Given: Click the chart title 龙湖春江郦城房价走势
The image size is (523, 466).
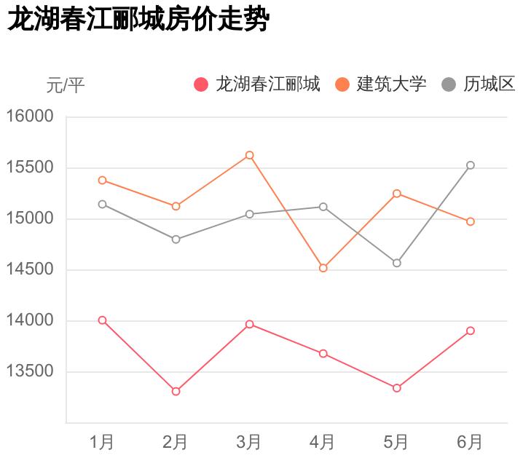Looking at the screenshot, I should click(138, 20).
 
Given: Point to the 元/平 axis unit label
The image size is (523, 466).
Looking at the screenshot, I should click(66, 86).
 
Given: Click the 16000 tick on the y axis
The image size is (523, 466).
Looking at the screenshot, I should click(31, 116).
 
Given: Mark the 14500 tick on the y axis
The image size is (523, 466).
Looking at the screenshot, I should click(31, 270).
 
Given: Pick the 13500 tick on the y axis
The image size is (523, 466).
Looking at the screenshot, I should click(31, 372).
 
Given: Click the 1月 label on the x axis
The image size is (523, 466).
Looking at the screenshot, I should click(102, 442).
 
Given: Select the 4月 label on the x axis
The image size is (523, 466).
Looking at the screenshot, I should click(323, 442).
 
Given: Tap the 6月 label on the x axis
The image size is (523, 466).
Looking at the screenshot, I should click(470, 442).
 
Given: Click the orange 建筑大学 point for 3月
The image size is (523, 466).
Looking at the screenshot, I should click(249, 155).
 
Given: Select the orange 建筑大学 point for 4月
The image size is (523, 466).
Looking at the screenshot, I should click(323, 268).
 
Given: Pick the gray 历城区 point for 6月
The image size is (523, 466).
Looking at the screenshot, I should click(471, 165).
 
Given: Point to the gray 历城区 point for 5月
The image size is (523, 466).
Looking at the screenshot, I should click(397, 263).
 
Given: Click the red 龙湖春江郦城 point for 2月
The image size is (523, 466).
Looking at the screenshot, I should click(176, 392).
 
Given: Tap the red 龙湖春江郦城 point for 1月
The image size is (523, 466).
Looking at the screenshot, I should click(102, 320).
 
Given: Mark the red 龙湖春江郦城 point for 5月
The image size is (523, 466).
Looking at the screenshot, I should click(397, 388).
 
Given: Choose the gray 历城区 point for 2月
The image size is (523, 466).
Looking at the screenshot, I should click(176, 240).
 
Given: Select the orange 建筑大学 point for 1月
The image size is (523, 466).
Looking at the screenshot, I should click(102, 180).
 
